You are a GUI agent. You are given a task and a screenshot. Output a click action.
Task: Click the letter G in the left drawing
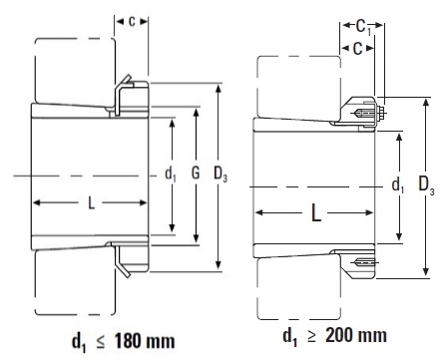pos(196,176)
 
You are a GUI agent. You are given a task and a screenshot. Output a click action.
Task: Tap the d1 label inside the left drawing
pos(170,176)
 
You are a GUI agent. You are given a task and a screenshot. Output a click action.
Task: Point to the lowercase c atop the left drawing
pos(132,20)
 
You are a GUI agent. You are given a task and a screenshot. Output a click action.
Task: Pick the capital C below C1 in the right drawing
pos(356,49)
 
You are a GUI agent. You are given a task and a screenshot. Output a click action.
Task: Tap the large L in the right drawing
pos(314,213)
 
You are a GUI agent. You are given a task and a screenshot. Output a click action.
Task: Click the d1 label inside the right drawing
pos(400,184)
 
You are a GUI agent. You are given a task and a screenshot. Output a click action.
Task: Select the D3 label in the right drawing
pos(427,185)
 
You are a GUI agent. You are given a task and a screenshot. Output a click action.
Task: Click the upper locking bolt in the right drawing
pos(367,111)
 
